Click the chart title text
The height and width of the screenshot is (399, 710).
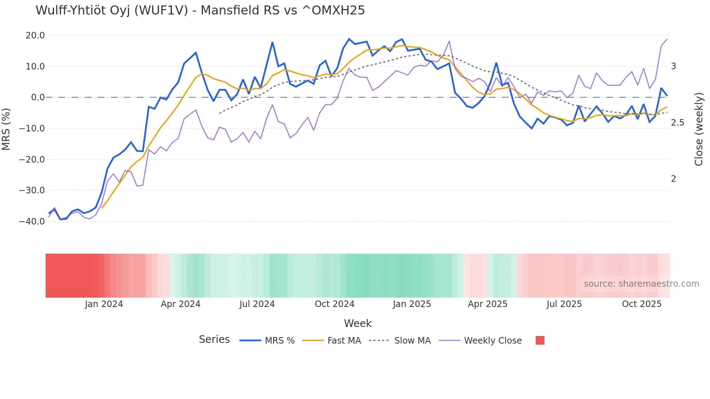pos(200,10)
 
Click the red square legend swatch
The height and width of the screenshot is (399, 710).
pos(540,340)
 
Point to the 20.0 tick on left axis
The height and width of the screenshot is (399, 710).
pos(35,35)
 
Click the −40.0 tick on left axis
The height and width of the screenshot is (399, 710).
pos(32,221)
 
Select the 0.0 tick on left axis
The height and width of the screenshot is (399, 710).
pos(38,97)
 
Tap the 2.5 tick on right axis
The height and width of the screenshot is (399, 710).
pos(677,123)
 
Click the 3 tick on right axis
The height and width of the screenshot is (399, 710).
pos(673,66)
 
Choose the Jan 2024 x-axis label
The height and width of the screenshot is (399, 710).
pos(104,304)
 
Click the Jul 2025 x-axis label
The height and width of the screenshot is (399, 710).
pos(564,304)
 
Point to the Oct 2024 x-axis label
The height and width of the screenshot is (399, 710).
pos(334,304)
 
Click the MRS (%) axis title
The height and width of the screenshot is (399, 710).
pos(6,129)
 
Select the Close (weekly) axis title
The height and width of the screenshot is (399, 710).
pos(699,129)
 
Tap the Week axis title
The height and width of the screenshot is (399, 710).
pos(358,323)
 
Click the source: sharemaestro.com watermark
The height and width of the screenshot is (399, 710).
pos(641,284)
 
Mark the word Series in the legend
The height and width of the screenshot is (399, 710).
pos(214,340)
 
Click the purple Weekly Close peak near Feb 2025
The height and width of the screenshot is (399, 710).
pos(449,41)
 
